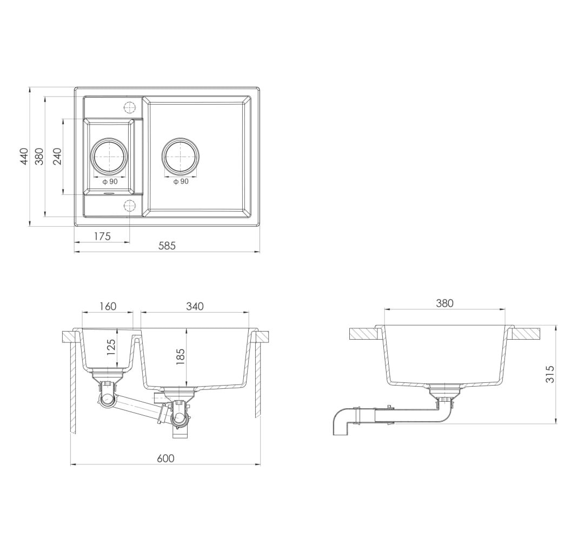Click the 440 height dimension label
(x=24, y=156)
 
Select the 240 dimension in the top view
(x=57, y=156)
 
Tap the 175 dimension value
(x=102, y=236)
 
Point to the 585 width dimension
(x=167, y=246)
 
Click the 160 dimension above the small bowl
(x=108, y=306)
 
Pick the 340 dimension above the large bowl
(x=195, y=306)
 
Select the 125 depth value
(x=111, y=347)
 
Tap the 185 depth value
(x=180, y=356)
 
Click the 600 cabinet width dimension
(x=165, y=458)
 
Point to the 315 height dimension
(x=550, y=374)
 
